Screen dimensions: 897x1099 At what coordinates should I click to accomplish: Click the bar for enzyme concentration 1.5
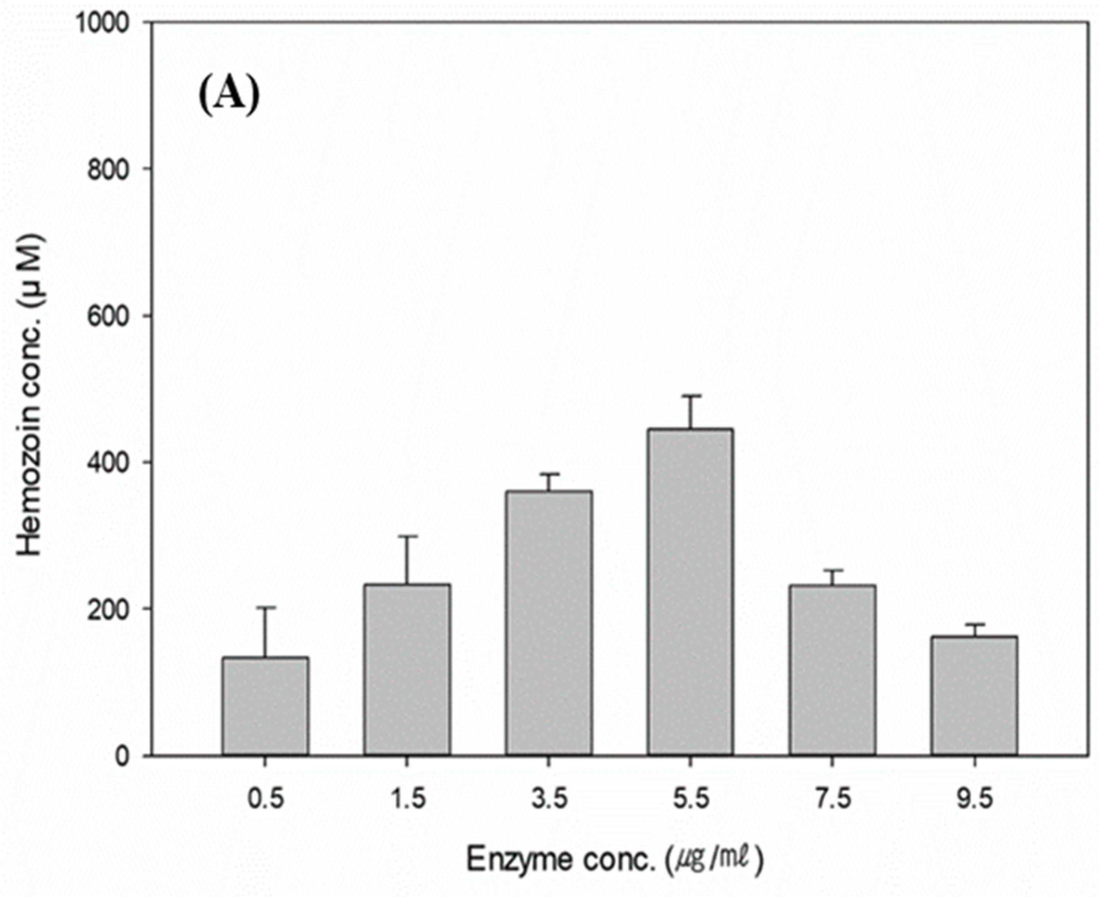coord(407,670)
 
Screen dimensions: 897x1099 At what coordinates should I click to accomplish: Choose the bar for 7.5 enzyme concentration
coord(832,670)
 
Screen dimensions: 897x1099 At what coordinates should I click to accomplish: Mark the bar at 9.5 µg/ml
coord(974,696)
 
